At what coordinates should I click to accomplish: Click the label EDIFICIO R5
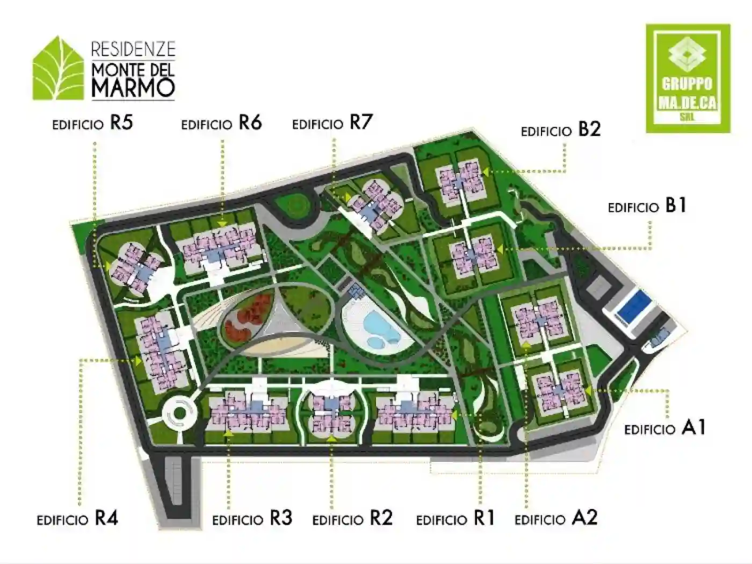(x=92, y=124)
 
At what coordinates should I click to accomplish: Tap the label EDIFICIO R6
(x=221, y=124)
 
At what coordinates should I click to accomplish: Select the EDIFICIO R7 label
(x=332, y=124)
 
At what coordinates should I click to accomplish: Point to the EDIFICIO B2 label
(x=561, y=131)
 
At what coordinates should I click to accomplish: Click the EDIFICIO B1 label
(x=647, y=207)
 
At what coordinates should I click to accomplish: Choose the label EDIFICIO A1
(x=665, y=429)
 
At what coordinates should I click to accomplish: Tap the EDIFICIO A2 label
(x=556, y=519)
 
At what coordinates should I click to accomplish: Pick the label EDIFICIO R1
(x=455, y=519)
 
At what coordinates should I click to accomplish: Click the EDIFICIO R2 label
(x=352, y=519)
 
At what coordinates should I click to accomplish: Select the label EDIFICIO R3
(x=252, y=519)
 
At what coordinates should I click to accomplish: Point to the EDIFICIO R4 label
(x=77, y=519)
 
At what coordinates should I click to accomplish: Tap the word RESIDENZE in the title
(x=133, y=49)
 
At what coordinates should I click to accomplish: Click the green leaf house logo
(x=58, y=70)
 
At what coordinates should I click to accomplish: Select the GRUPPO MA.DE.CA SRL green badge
(x=688, y=78)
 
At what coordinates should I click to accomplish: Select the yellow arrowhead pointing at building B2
(x=485, y=172)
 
